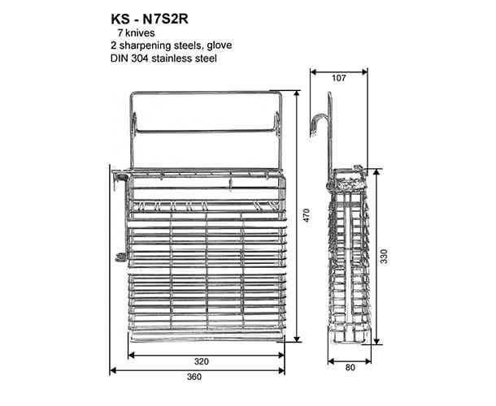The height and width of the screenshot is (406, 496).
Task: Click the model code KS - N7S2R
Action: pyautogui.click(x=150, y=19)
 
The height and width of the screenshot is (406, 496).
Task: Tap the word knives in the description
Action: pyautogui.click(x=140, y=32)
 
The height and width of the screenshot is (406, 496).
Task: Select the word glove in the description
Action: pyautogui.click(x=220, y=45)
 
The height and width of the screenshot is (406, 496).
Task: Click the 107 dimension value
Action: pyautogui.click(x=339, y=78)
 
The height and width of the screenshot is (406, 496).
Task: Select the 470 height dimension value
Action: pyautogui.click(x=307, y=215)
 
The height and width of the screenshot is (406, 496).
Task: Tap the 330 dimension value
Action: pyautogui.click(x=384, y=257)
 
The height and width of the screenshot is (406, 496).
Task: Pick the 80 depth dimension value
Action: pyautogui.click(x=350, y=368)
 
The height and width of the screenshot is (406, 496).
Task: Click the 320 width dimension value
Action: pyautogui.click(x=202, y=361)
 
